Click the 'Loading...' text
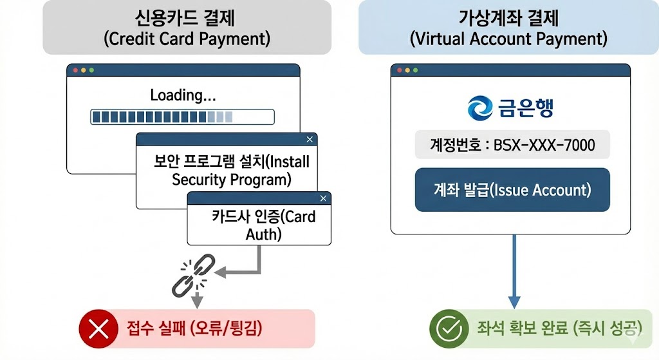click(183, 96)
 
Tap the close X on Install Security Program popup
click(310, 139)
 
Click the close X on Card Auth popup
click(322, 198)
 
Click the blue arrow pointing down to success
click(514, 270)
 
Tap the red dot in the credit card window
click(75, 70)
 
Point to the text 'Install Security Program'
click(232, 170)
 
